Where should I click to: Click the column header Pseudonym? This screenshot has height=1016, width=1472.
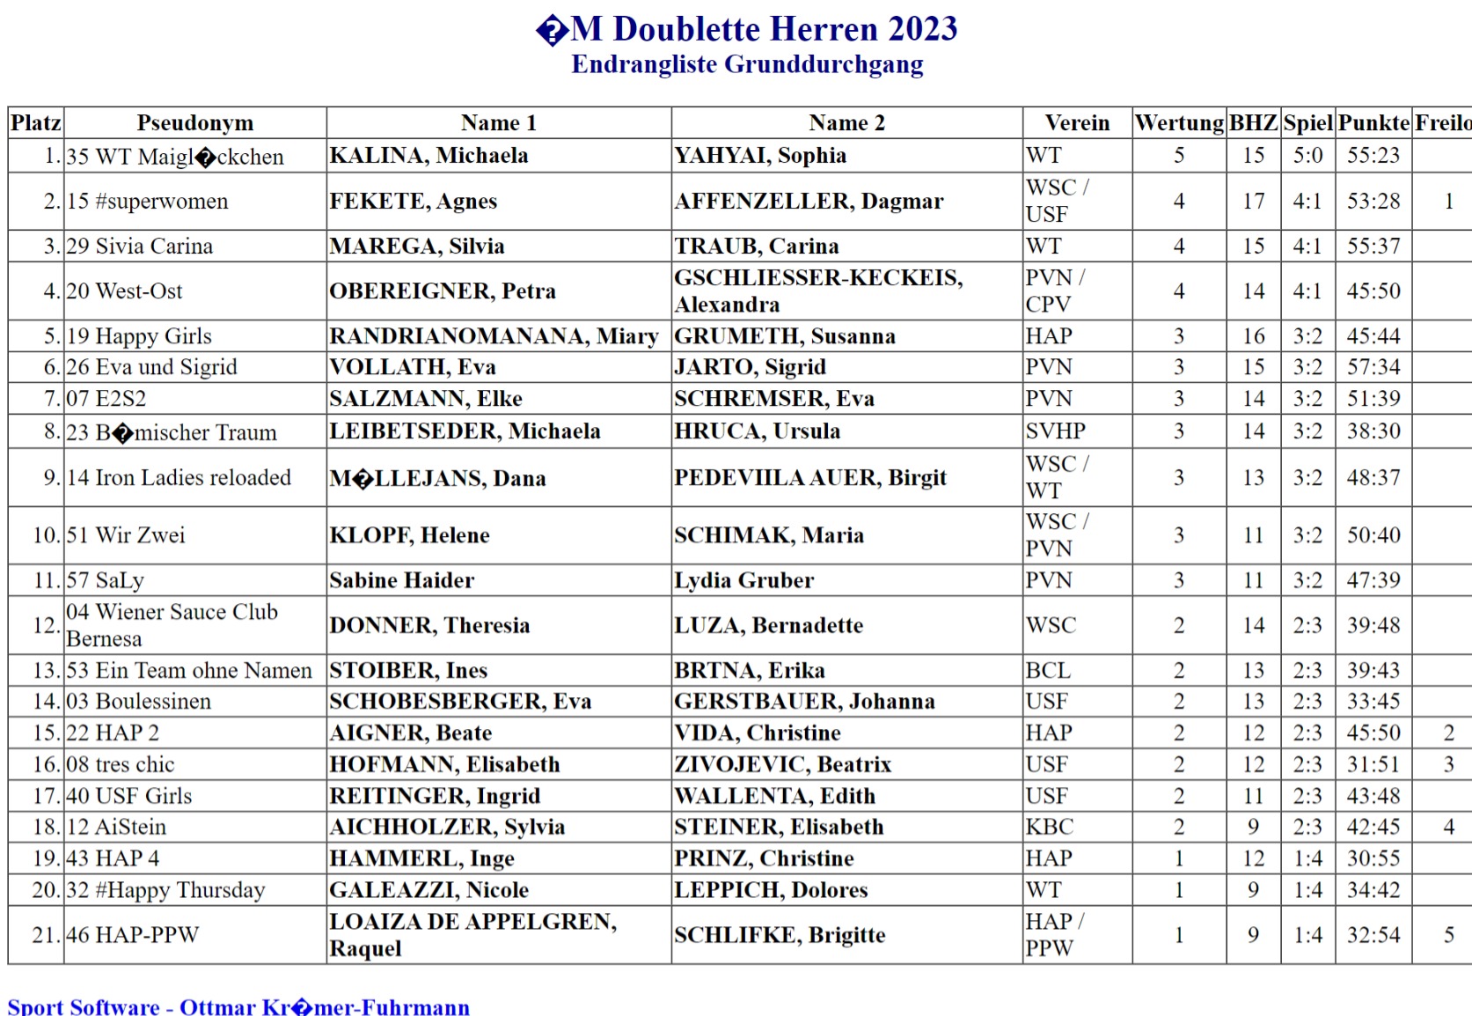click(x=194, y=122)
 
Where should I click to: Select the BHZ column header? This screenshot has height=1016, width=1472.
click(x=1253, y=122)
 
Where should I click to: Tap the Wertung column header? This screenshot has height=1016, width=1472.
click(x=1179, y=122)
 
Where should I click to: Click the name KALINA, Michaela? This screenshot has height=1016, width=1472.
click(x=428, y=156)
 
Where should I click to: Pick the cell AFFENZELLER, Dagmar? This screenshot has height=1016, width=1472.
click(x=809, y=202)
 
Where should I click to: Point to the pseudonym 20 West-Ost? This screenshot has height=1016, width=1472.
click(x=124, y=291)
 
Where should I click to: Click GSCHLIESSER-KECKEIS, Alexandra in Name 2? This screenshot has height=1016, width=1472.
click(x=818, y=291)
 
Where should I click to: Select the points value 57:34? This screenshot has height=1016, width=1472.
click(x=1373, y=367)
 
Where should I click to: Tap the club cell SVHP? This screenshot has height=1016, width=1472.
click(x=1055, y=431)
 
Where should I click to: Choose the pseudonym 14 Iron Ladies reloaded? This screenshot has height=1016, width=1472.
click(x=179, y=478)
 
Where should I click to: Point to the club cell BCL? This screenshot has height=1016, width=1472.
click(x=1048, y=671)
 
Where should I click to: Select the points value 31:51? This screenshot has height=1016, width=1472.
click(x=1373, y=765)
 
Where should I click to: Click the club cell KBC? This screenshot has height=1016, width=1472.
click(x=1049, y=828)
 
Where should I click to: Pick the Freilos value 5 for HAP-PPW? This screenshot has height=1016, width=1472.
click(x=1448, y=935)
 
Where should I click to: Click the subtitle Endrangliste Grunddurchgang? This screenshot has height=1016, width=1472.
click(x=747, y=64)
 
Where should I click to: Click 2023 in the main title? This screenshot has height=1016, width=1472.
click(x=922, y=29)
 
